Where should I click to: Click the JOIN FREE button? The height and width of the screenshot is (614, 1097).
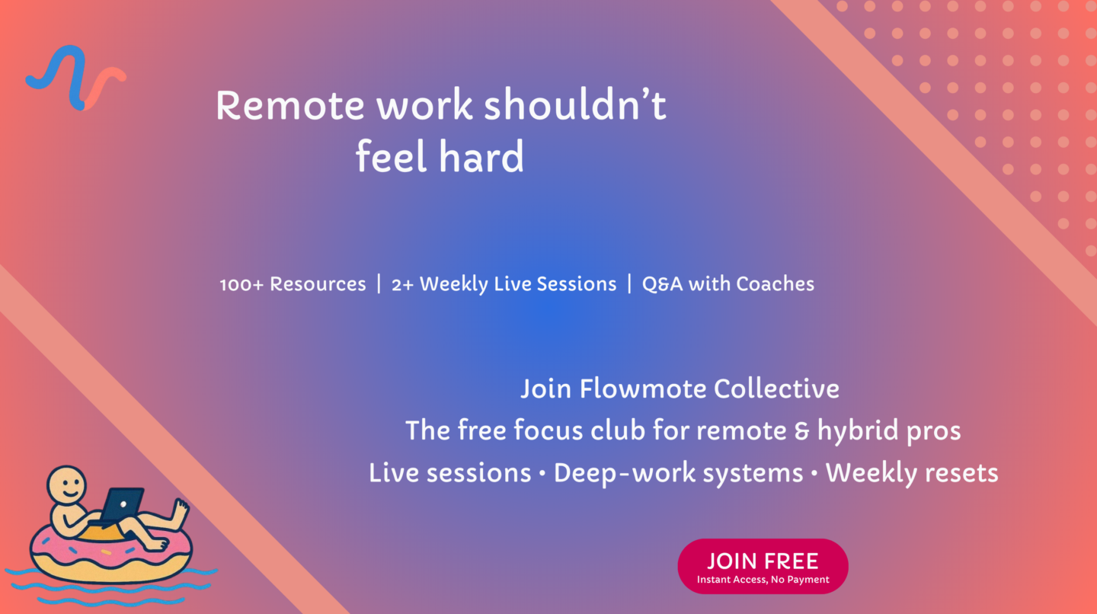763,567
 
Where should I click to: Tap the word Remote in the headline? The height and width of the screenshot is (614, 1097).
290,105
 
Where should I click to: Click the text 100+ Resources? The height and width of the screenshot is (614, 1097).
293,284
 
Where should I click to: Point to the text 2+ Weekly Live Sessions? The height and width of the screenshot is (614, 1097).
504,284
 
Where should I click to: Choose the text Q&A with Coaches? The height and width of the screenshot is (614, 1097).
728,284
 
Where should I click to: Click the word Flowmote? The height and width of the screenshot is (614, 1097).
642,389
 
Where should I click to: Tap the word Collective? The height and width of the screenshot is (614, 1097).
776,389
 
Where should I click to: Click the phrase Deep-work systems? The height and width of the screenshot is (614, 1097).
678,474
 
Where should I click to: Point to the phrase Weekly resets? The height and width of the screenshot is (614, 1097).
912,474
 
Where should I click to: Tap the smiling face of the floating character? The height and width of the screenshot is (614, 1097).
67,484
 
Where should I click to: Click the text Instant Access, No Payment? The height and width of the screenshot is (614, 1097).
763,580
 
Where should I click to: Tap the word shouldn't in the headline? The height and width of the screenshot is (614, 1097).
575,104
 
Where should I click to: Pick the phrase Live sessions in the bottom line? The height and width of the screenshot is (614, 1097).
450,474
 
